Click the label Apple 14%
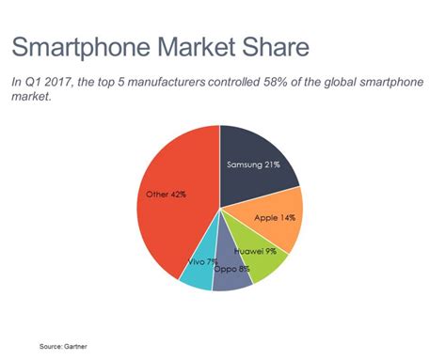276,217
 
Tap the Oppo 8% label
231,270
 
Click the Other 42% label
166,195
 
